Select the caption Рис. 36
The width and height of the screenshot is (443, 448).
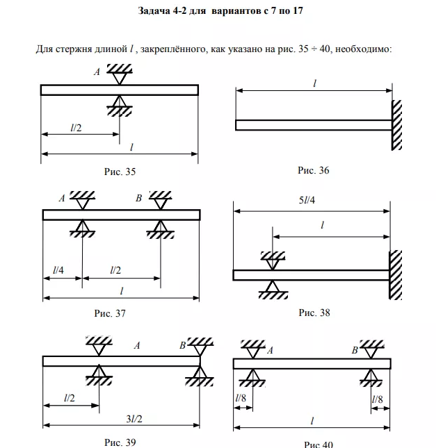[313, 170]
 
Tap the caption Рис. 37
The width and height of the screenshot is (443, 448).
[110, 313]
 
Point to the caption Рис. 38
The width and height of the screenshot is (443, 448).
[314, 313]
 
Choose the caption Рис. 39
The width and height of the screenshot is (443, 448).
[120, 442]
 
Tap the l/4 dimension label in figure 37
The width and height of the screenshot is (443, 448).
[59, 269]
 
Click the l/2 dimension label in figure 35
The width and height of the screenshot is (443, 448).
[77, 127]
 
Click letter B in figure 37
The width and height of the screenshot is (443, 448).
[139, 199]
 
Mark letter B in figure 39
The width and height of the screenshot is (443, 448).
[182, 345]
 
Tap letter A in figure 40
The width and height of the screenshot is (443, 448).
[270, 351]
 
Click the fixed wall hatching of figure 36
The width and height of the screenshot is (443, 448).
[397, 126]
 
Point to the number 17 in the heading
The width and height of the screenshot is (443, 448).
[298, 12]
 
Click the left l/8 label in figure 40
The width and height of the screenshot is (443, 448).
[241, 398]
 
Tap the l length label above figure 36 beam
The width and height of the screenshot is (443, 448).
[314, 83]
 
